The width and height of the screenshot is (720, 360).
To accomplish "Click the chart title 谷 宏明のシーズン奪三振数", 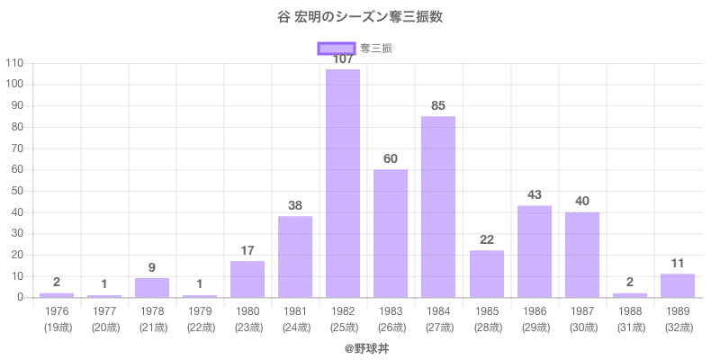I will pyautogui.click(x=360, y=17).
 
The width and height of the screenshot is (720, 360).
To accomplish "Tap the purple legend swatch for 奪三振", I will pyautogui.click(x=337, y=49).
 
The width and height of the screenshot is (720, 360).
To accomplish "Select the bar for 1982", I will pyautogui.click(x=343, y=184).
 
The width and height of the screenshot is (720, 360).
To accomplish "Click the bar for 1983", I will pyautogui.click(x=391, y=234).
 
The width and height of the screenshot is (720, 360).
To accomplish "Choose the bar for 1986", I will pyautogui.click(x=535, y=252).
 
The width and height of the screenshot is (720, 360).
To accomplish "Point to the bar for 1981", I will pyautogui.click(x=295, y=257).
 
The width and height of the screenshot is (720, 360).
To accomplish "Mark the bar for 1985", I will pyautogui.click(x=487, y=274).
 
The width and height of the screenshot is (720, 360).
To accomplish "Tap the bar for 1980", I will pyautogui.click(x=247, y=279).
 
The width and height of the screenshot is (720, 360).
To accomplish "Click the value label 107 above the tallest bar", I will pyautogui.click(x=343, y=59).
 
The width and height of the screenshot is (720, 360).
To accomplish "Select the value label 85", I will pyautogui.click(x=438, y=105).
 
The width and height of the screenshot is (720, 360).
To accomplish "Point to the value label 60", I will pyautogui.click(x=391, y=158).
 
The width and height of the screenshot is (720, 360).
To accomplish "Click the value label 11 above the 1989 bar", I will pyautogui.click(x=678, y=263).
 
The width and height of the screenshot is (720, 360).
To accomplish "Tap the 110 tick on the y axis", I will pyautogui.click(x=14, y=63).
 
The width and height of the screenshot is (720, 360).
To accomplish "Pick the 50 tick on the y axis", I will pyautogui.click(x=17, y=191).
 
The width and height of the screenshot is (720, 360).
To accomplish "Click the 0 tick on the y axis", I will pyautogui.click(x=20, y=297).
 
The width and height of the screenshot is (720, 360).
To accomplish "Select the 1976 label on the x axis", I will pyautogui.click(x=57, y=310).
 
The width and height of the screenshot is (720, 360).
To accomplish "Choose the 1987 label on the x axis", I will pyautogui.click(x=582, y=310).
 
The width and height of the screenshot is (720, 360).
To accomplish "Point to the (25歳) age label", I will pyautogui.click(x=343, y=327).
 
